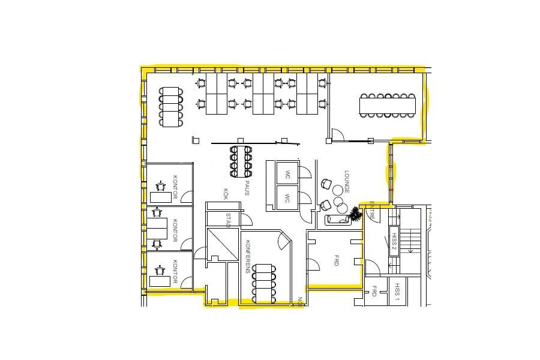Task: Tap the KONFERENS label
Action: pyautogui.click(x=247, y=257)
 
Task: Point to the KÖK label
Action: pyautogui.click(x=226, y=194)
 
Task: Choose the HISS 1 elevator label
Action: pyautogui.click(x=397, y=295)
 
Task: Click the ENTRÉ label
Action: pyautogui.click(x=372, y=209)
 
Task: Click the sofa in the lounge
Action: pyautogui.click(x=339, y=220)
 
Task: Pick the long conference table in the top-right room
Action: pyautogui.click(x=387, y=106)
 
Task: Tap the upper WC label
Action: pyautogui.click(x=288, y=175)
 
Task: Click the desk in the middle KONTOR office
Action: pyautogui.click(x=158, y=228)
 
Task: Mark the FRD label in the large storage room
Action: pyautogui.click(x=337, y=262)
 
